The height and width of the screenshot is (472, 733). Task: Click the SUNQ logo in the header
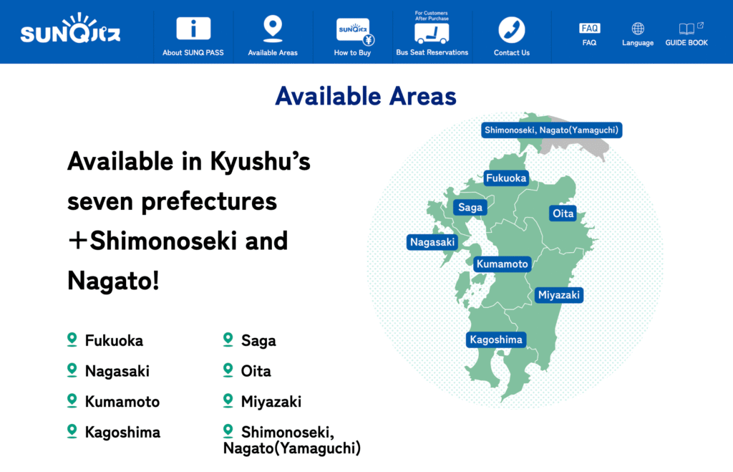[x=70, y=32]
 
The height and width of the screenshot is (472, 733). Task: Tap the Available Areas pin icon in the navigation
[x=272, y=29]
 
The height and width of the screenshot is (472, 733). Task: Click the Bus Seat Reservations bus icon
[x=432, y=32]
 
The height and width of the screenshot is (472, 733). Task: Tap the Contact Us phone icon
[x=512, y=30]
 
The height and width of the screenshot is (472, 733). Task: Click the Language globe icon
[x=638, y=29]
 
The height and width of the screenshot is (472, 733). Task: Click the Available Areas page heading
[x=366, y=96]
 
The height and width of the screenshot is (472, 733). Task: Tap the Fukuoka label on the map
[x=506, y=178]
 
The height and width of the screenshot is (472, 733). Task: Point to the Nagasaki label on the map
[x=432, y=242]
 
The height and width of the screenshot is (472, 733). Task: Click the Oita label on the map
[x=563, y=213]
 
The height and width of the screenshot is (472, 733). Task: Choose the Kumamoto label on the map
[x=502, y=264]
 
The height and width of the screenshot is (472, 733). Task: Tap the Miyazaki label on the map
[x=559, y=295]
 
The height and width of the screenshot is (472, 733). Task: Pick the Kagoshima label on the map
[x=495, y=339]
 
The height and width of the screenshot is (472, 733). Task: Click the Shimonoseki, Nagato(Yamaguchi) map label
[x=551, y=130]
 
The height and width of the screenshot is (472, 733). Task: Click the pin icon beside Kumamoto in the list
[x=72, y=400]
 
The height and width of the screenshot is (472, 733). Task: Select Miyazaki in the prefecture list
[x=271, y=402]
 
